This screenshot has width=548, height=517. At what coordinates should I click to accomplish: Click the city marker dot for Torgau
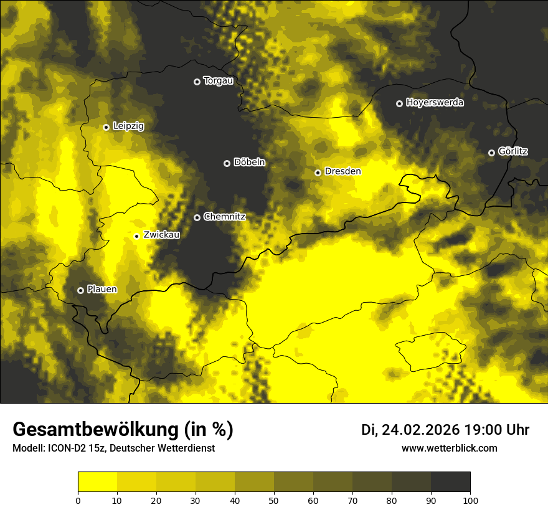[197, 82]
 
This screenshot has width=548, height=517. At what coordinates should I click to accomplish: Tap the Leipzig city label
[128, 126]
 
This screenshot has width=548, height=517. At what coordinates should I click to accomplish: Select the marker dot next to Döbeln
[227, 163]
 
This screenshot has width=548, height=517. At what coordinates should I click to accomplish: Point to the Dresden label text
[342, 171]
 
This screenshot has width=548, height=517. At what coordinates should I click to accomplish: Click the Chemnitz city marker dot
[197, 217]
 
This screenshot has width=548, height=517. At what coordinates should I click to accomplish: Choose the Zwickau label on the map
[161, 235]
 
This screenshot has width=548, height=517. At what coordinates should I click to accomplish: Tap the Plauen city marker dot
[80, 290]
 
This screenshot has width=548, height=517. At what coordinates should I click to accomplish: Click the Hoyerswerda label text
[435, 103]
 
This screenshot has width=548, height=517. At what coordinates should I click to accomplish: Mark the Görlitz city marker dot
[491, 153]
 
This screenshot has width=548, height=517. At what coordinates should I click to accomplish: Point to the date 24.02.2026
[420, 430]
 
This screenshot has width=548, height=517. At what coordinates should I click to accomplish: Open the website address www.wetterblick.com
[449, 448]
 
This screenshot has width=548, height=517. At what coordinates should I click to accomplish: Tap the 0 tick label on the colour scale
[78, 500]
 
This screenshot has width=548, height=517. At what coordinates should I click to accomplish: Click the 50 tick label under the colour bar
[274, 500]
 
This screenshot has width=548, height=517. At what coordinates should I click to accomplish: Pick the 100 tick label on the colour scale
[470, 500]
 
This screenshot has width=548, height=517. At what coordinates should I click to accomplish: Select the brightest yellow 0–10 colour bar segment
[97, 482]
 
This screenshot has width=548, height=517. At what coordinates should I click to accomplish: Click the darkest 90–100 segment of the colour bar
[450, 482]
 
